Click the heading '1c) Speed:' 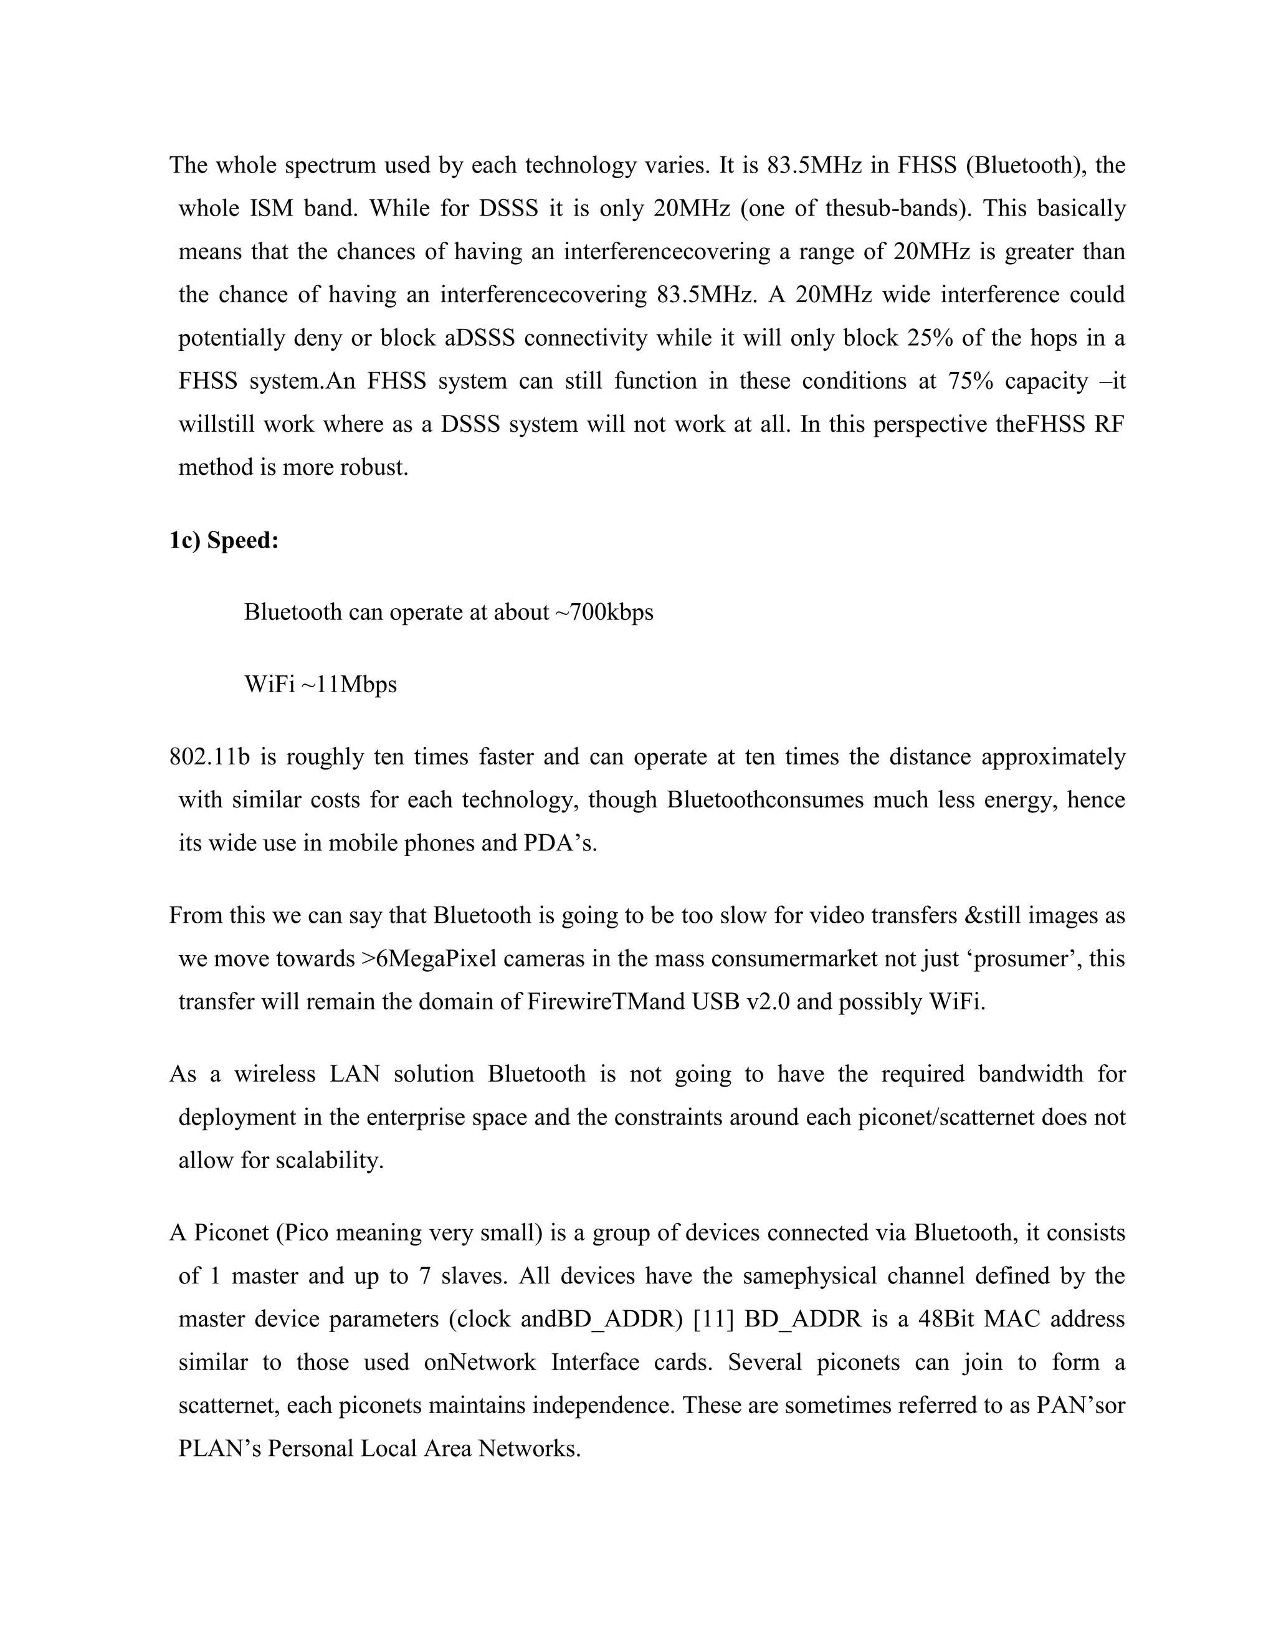click(x=224, y=541)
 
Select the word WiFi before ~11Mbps click(x=269, y=684)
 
